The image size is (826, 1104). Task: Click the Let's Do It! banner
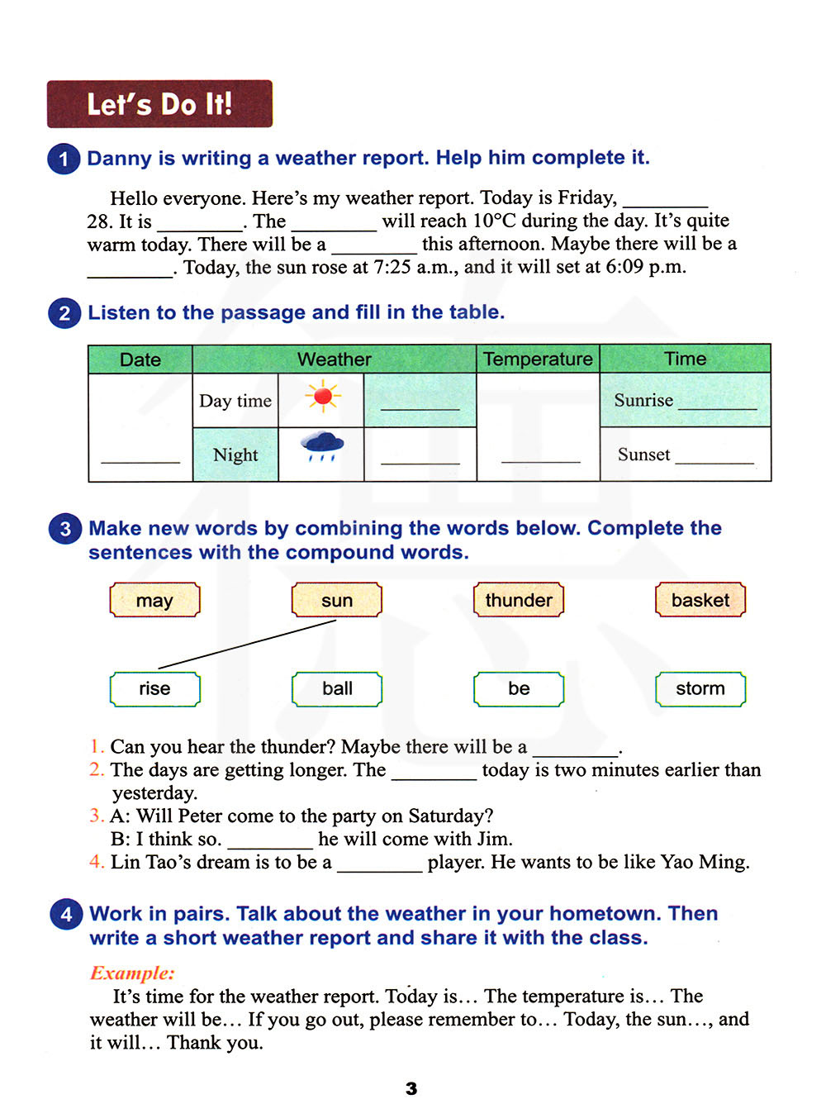pyautogui.click(x=159, y=104)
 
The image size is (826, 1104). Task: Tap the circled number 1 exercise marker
pyautogui.click(x=64, y=159)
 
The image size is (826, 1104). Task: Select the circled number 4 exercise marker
pyautogui.click(x=66, y=914)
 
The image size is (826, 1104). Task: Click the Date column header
pyautogui.click(x=140, y=359)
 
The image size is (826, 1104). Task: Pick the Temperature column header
pyautogui.click(x=538, y=359)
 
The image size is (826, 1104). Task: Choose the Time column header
pyautogui.click(x=685, y=359)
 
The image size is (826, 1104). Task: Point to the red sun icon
pyautogui.click(x=322, y=397)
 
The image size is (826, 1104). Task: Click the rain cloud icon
pyautogui.click(x=322, y=445)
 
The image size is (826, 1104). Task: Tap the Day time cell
pyautogui.click(x=235, y=401)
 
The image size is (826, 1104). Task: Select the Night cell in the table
pyautogui.click(x=235, y=454)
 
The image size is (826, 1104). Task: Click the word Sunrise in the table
pyautogui.click(x=643, y=400)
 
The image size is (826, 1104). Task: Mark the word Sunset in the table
pyautogui.click(x=643, y=454)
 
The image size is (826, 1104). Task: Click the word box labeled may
pyautogui.click(x=154, y=600)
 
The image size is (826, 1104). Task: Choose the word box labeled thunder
pyautogui.click(x=519, y=600)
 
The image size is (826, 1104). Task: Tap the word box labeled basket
pyautogui.click(x=700, y=600)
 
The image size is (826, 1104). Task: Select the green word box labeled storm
pyautogui.click(x=700, y=688)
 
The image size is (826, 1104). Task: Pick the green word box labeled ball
pyautogui.click(x=337, y=688)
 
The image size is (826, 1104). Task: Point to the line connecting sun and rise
pyautogui.click(x=248, y=644)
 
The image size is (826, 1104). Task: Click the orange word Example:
pyautogui.click(x=132, y=973)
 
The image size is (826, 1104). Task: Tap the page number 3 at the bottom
pyautogui.click(x=411, y=1088)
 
